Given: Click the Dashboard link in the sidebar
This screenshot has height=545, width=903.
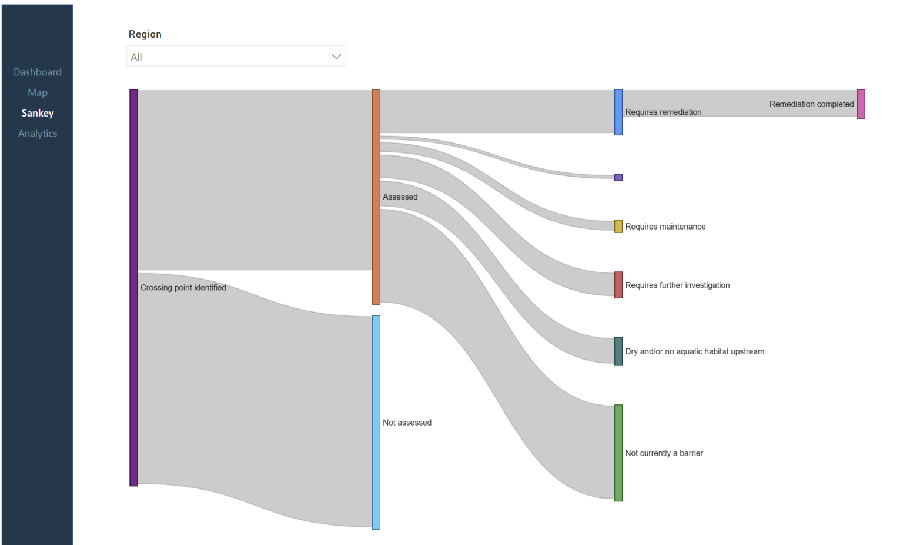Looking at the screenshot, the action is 38,72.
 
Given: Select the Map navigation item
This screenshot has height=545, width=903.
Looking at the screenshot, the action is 38,92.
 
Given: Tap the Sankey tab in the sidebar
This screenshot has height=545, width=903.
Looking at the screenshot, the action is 38,113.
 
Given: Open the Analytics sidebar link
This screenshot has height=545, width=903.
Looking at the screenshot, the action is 38,134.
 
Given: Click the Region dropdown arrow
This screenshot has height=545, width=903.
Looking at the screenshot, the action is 336,57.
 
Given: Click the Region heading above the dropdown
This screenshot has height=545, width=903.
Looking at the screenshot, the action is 145,34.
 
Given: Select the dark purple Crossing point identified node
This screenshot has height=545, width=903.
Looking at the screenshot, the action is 134,287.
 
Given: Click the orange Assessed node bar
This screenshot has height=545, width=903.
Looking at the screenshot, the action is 376,197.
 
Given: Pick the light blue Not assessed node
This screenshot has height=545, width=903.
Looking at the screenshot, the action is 376,422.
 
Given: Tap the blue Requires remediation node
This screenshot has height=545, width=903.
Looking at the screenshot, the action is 618,112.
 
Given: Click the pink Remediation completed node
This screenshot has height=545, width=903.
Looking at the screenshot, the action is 861,104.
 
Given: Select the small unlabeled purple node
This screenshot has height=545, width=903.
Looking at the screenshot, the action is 618,178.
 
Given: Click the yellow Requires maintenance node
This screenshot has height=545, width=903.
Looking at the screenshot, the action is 618,227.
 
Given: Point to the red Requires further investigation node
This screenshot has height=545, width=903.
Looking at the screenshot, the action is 618,285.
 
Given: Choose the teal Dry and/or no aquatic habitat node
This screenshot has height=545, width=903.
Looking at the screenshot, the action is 618,351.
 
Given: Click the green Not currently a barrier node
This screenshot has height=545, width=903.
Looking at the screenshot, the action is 618,453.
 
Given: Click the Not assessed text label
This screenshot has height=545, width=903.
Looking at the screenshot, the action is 407,423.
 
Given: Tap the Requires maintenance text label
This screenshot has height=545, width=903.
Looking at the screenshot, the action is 665,227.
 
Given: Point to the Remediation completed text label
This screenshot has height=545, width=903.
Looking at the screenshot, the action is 811,104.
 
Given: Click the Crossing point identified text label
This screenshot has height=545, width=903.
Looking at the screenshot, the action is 183,288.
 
